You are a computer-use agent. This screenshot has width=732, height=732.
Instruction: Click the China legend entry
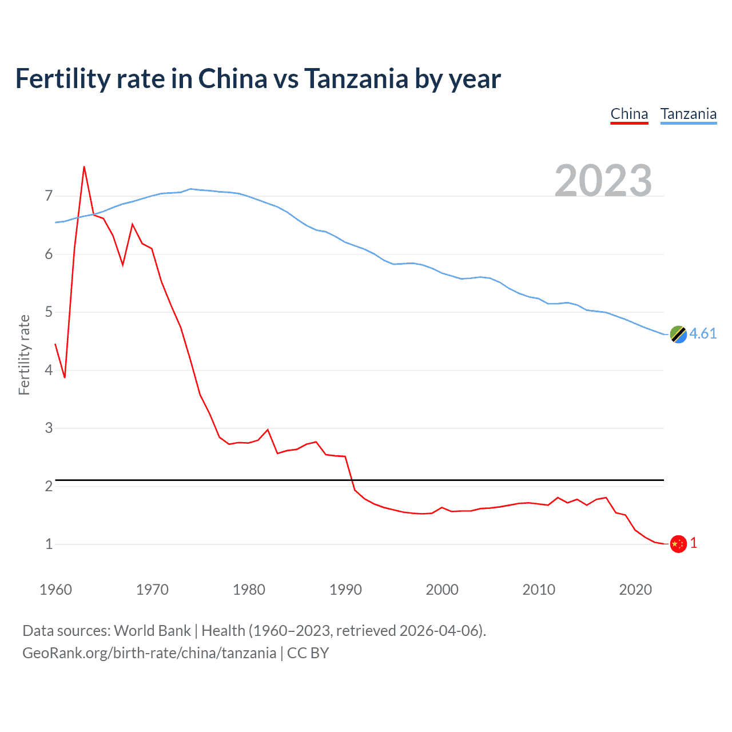click(x=629, y=114)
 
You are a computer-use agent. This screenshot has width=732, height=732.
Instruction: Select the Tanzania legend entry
click(x=688, y=114)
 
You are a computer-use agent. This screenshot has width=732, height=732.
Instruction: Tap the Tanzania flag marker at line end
click(x=678, y=335)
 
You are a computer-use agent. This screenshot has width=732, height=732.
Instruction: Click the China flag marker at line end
click(x=678, y=544)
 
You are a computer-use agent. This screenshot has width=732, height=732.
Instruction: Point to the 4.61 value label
click(x=703, y=333)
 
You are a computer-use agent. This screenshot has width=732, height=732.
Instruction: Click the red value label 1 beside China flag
click(x=694, y=543)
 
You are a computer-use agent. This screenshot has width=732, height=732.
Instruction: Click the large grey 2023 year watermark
click(x=603, y=181)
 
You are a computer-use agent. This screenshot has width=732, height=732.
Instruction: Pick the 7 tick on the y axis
click(x=49, y=196)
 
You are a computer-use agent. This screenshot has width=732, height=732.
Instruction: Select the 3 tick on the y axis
click(x=49, y=428)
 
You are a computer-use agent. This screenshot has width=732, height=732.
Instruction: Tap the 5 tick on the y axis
click(x=49, y=312)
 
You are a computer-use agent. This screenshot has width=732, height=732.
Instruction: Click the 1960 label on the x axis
click(x=55, y=590)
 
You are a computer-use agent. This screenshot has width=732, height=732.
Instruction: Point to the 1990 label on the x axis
click(x=345, y=590)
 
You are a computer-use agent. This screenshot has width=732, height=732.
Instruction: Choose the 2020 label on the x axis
click(x=635, y=590)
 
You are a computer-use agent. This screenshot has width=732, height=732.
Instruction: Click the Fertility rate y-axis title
click(x=24, y=355)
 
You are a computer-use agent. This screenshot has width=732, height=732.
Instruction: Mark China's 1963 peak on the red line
click(x=84, y=167)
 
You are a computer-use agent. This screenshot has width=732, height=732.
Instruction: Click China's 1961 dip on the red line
click(x=65, y=377)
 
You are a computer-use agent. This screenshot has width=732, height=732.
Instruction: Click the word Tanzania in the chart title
click(x=356, y=78)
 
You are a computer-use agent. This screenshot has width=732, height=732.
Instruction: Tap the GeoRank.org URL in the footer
click(x=149, y=653)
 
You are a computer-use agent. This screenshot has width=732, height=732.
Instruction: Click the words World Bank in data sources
click(x=152, y=631)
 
